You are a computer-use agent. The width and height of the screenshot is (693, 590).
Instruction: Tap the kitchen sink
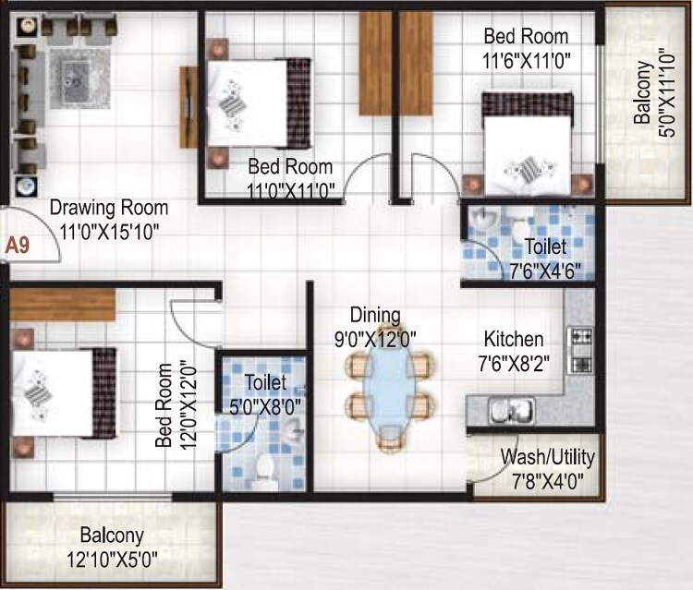click(509, 409)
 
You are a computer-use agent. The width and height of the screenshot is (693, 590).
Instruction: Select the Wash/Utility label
click(547, 457)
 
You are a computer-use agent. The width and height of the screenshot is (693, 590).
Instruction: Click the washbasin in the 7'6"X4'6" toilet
click(482, 222)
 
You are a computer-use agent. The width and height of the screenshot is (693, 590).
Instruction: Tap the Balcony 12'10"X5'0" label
click(111, 546)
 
